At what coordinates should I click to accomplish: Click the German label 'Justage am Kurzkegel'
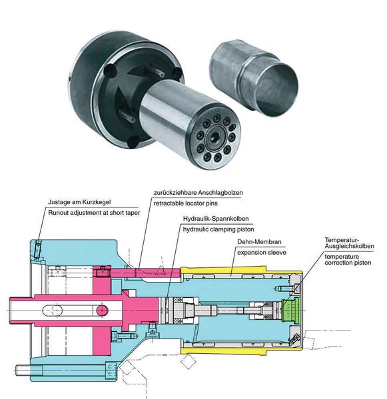[79, 202]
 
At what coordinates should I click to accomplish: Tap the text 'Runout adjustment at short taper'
[94, 213]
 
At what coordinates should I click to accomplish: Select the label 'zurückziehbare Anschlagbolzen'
[198, 193]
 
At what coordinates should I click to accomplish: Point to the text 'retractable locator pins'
[186, 203]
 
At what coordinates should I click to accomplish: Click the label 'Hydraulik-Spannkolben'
[216, 219]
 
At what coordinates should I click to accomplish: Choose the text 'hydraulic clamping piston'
[218, 229]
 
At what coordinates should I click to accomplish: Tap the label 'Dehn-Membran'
[259, 242]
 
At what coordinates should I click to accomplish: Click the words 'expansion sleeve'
[262, 253]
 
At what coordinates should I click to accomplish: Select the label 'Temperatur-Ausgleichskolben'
[349, 243]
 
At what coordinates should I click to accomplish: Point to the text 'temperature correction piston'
[348, 259]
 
